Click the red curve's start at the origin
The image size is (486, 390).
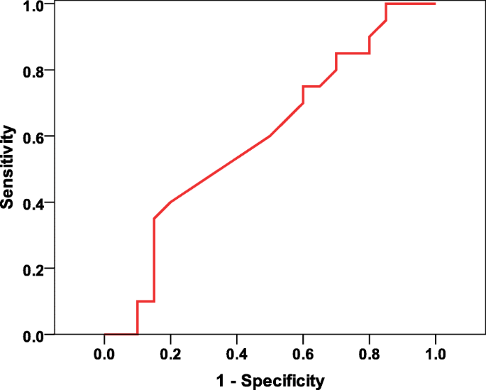pos(105,334)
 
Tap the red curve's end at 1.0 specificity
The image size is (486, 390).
pos(435,4)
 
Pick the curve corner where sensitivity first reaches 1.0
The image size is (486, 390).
pos(385,4)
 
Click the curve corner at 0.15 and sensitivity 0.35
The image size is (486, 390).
pos(154,219)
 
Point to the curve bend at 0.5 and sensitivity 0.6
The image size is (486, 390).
pos(270,136)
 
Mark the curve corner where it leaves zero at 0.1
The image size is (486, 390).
pos(138,334)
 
